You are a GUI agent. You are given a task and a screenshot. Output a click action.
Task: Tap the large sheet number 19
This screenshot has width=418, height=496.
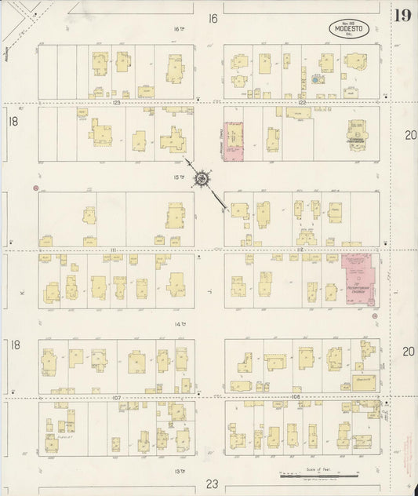[x=402, y=15]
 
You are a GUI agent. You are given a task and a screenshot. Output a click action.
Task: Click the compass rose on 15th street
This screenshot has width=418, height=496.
[x=202, y=180]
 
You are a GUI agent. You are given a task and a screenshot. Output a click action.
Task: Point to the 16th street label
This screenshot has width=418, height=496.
[x=177, y=29]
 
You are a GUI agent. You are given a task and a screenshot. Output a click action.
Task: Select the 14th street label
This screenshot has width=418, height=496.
[x=180, y=323]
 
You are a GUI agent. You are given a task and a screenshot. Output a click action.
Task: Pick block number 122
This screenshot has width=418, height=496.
[x=301, y=103]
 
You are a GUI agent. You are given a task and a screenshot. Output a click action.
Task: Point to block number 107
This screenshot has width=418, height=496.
[x=115, y=398]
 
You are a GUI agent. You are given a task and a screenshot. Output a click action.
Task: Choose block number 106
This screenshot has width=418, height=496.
[x=296, y=398]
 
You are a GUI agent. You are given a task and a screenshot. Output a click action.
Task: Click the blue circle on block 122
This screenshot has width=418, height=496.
[x=315, y=80]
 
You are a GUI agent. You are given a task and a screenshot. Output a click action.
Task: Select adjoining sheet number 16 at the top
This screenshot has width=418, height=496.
[x=212, y=18]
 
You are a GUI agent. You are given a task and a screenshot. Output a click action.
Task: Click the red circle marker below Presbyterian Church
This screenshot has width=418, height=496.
[x=374, y=315]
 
